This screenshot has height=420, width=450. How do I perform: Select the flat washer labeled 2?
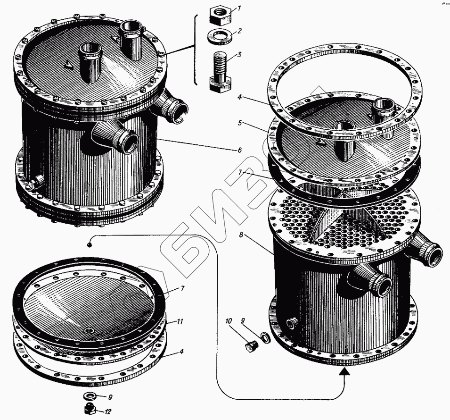click(x=220, y=36)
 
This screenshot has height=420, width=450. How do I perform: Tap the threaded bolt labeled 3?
click(x=220, y=71)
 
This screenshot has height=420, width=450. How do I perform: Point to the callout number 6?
click(x=240, y=150)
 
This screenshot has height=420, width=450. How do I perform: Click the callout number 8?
click(x=241, y=235)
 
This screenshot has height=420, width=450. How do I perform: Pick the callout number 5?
click(x=240, y=123)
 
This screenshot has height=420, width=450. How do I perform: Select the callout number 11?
click(x=180, y=321)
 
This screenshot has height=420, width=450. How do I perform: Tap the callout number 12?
click(x=108, y=412)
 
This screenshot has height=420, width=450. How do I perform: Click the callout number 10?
click(x=228, y=321)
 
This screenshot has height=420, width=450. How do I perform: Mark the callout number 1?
click(x=239, y=8)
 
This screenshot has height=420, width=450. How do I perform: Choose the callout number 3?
click(x=239, y=55)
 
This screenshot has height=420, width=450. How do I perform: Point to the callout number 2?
click(x=240, y=31)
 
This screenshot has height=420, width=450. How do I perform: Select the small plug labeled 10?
click(x=252, y=346)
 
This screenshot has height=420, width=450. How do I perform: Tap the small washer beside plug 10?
click(x=264, y=336)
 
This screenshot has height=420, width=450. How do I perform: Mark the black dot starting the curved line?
click(x=89, y=245)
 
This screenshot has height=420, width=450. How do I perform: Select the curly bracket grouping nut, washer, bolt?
click(x=196, y=50)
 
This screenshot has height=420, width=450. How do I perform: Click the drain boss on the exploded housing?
click(x=292, y=323)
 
